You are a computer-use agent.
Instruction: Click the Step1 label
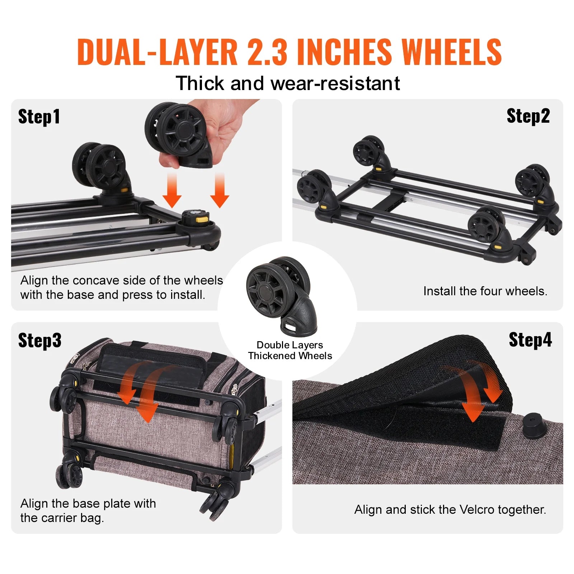pos(39,117)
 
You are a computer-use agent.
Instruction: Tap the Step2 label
pos(528,116)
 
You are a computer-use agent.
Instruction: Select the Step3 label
pos(40,340)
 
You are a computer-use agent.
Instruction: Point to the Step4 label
pos(530,339)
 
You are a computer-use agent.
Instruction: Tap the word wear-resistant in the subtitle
pos(335,84)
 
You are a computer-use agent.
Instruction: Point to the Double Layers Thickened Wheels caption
pos(290,350)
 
